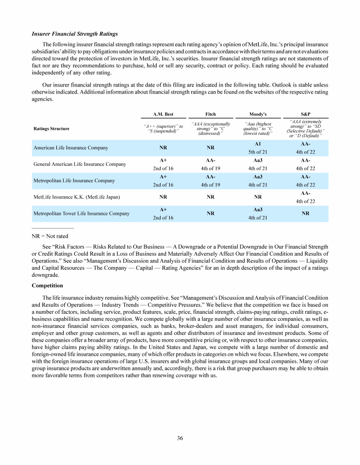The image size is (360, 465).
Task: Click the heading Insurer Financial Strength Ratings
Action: pyautogui.click(x=75, y=34)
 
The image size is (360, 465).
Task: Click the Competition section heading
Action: pyautogui.click(x=47, y=285)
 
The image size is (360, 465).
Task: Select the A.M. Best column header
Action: pyautogui.click(x=164, y=114)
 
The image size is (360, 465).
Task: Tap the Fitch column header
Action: pyautogui.click(x=211, y=114)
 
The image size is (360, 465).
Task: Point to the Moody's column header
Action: pyautogui.click(x=258, y=114)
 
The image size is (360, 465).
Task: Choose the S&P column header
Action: pyautogui.click(x=305, y=114)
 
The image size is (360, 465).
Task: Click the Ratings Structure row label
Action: pyautogui.click(x=52, y=129)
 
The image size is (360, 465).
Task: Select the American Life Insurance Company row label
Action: pyautogui.click(x=71, y=148)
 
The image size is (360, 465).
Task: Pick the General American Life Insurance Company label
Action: pyautogui.click(x=80, y=164)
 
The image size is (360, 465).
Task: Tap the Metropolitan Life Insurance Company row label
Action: pyautogui.click(x=74, y=180)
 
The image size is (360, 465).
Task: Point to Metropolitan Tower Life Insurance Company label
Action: pyautogui.click(x=81, y=214)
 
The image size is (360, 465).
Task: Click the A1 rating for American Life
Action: pyautogui.click(x=258, y=144)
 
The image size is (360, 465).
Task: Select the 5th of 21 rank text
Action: pyautogui.click(x=258, y=152)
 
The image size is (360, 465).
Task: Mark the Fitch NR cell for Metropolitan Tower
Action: pyautogui.click(x=211, y=214)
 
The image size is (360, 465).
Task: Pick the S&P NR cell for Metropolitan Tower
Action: pyautogui.click(x=305, y=214)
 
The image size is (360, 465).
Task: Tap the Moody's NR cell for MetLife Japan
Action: pyautogui.click(x=258, y=197)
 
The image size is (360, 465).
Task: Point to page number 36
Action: pyautogui.click(x=180, y=438)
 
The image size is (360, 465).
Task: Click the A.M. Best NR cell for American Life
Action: pyautogui.click(x=164, y=148)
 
